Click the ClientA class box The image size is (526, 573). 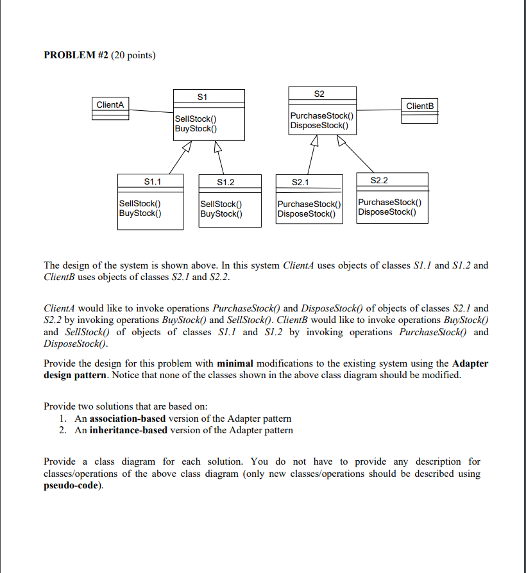(110, 108)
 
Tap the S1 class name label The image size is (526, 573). (202, 97)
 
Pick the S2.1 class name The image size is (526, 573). (300, 183)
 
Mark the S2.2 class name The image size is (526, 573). (379, 181)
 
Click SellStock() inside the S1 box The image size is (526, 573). (195, 119)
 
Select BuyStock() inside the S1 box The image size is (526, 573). (194, 128)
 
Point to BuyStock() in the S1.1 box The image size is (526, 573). (140, 213)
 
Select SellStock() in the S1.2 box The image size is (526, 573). (221, 204)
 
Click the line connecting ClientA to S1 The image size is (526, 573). (151, 112)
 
